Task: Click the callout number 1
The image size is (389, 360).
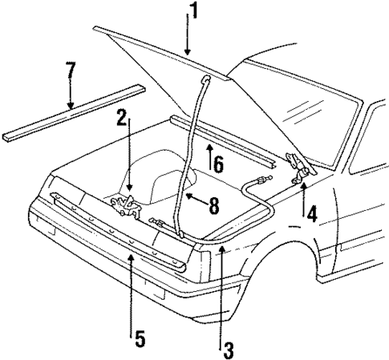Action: (192, 11)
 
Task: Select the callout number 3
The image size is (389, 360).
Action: (228, 349)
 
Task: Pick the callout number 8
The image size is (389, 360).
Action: (213, 206)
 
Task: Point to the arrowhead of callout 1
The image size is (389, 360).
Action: (190, 54)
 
